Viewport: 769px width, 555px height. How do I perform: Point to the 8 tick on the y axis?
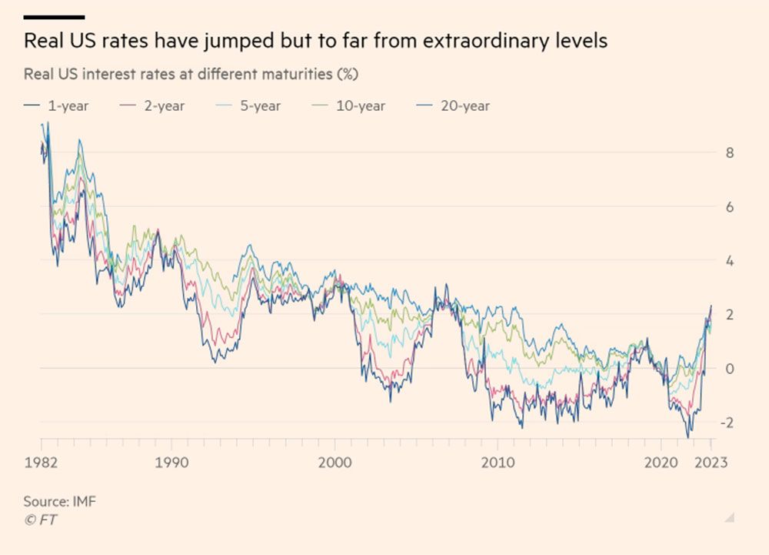point(729,153)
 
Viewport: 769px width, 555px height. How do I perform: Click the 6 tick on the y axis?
point(729,207)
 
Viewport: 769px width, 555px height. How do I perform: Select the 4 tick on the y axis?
point(729,261)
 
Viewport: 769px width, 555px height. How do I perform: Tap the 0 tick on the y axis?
point(729,369)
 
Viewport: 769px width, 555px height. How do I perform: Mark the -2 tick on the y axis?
point(727,423)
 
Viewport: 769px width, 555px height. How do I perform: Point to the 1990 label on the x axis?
point(171,463)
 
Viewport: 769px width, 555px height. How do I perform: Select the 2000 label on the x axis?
point(335,463)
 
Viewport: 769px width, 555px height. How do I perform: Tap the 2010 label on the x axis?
point(498,463)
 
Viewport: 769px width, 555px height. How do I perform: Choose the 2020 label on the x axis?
point(661,463)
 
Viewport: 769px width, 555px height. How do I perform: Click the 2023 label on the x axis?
point(711,463)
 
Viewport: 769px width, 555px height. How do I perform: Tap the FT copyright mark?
point(41,520)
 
